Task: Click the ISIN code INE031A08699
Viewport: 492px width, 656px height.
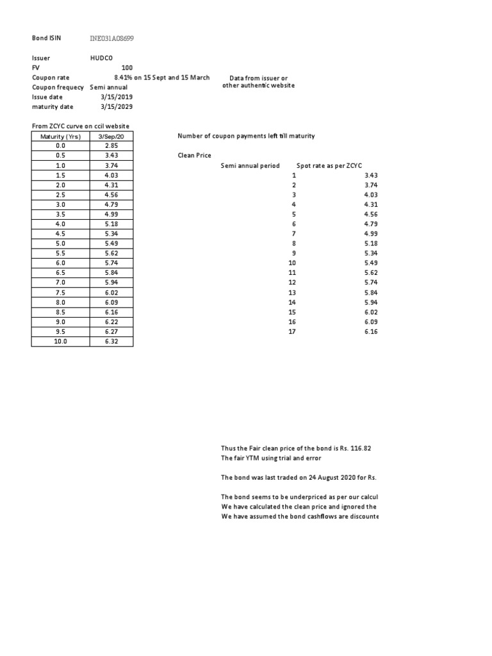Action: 112,38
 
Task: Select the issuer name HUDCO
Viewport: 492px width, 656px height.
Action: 101,58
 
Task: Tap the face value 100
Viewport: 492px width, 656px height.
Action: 127,67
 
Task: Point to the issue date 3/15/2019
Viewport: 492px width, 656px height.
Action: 117,97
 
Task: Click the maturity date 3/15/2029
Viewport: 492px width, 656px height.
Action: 117,106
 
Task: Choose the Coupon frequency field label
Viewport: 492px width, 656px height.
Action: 58,87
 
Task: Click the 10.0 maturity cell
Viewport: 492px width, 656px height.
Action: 60,341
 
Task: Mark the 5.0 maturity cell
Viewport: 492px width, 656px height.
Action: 60,243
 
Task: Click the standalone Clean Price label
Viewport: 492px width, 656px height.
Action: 194,156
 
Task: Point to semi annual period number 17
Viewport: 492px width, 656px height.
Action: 293,332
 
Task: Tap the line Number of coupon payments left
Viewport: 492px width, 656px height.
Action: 245,136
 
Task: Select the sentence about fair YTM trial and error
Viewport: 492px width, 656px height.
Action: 270,458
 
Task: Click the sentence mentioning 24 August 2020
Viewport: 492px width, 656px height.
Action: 299,477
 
